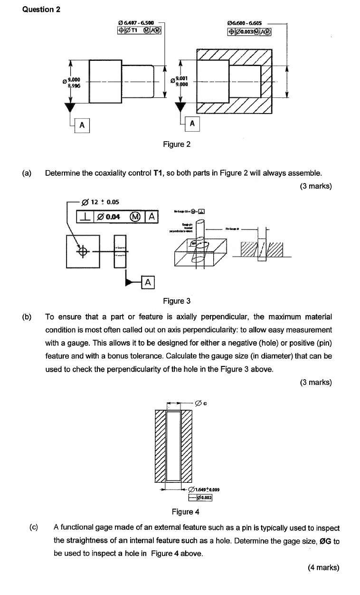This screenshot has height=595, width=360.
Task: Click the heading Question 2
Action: (41, 9)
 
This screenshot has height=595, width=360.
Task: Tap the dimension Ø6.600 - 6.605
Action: (247, 22)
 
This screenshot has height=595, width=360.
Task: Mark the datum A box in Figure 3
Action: (148, 282)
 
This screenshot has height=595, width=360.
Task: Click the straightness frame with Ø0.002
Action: (200, 498)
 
